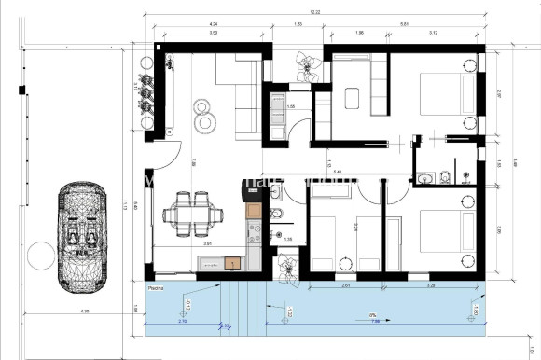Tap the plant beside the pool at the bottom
[x=286, y=267]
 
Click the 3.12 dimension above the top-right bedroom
[x=433, y=34]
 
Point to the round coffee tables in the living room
[x=204, y=112]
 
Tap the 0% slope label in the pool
[x=373, y=315]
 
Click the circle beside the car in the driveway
[x=37, y=254]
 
